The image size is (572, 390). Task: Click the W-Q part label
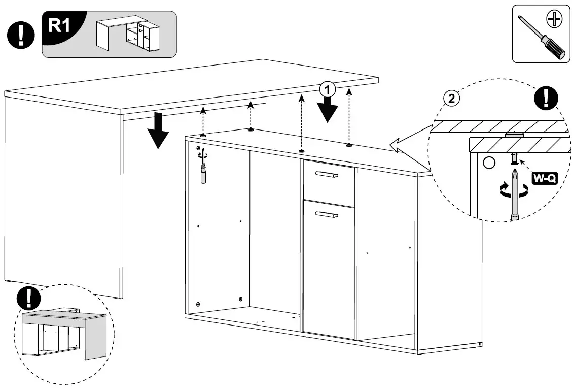(544, 178)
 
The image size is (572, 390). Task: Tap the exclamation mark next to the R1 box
(20, 35)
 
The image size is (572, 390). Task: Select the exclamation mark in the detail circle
(547, 97)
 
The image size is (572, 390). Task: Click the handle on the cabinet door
(326, 215)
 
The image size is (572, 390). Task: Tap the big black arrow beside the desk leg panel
(158, 131)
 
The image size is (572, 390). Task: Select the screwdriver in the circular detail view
(514, 196)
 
